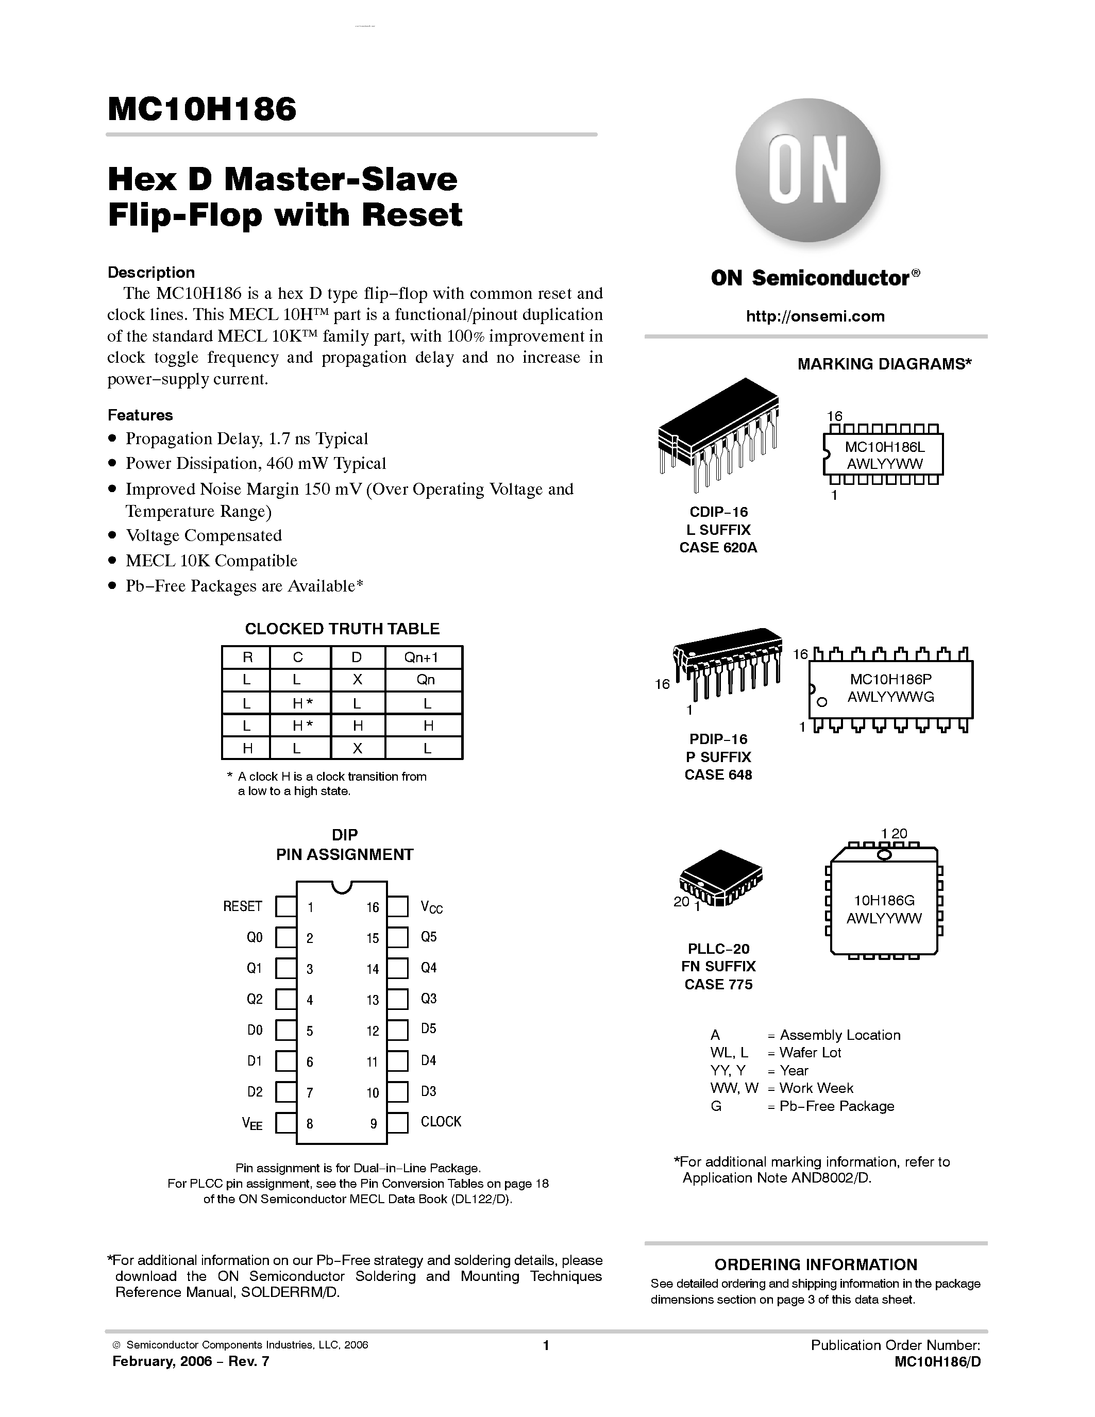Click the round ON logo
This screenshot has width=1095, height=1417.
807,171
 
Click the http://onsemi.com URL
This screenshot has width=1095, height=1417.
815,316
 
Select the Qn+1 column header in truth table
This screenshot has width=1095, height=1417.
422,657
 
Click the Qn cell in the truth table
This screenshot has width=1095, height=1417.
426,680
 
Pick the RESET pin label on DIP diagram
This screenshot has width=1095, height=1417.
243,906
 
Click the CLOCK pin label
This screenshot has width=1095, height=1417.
441,1122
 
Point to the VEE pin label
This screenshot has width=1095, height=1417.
251,1124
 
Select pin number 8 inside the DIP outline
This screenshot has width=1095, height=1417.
310,1123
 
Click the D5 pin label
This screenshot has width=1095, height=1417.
428,1029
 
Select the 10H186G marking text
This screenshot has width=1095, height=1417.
884,901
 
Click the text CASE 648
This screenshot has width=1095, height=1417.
718,774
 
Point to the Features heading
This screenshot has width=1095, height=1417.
140,415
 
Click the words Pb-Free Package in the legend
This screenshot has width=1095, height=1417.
837,1106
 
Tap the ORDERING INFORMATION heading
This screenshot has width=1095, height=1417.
815,1264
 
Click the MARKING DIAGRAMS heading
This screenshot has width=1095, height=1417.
884,364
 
